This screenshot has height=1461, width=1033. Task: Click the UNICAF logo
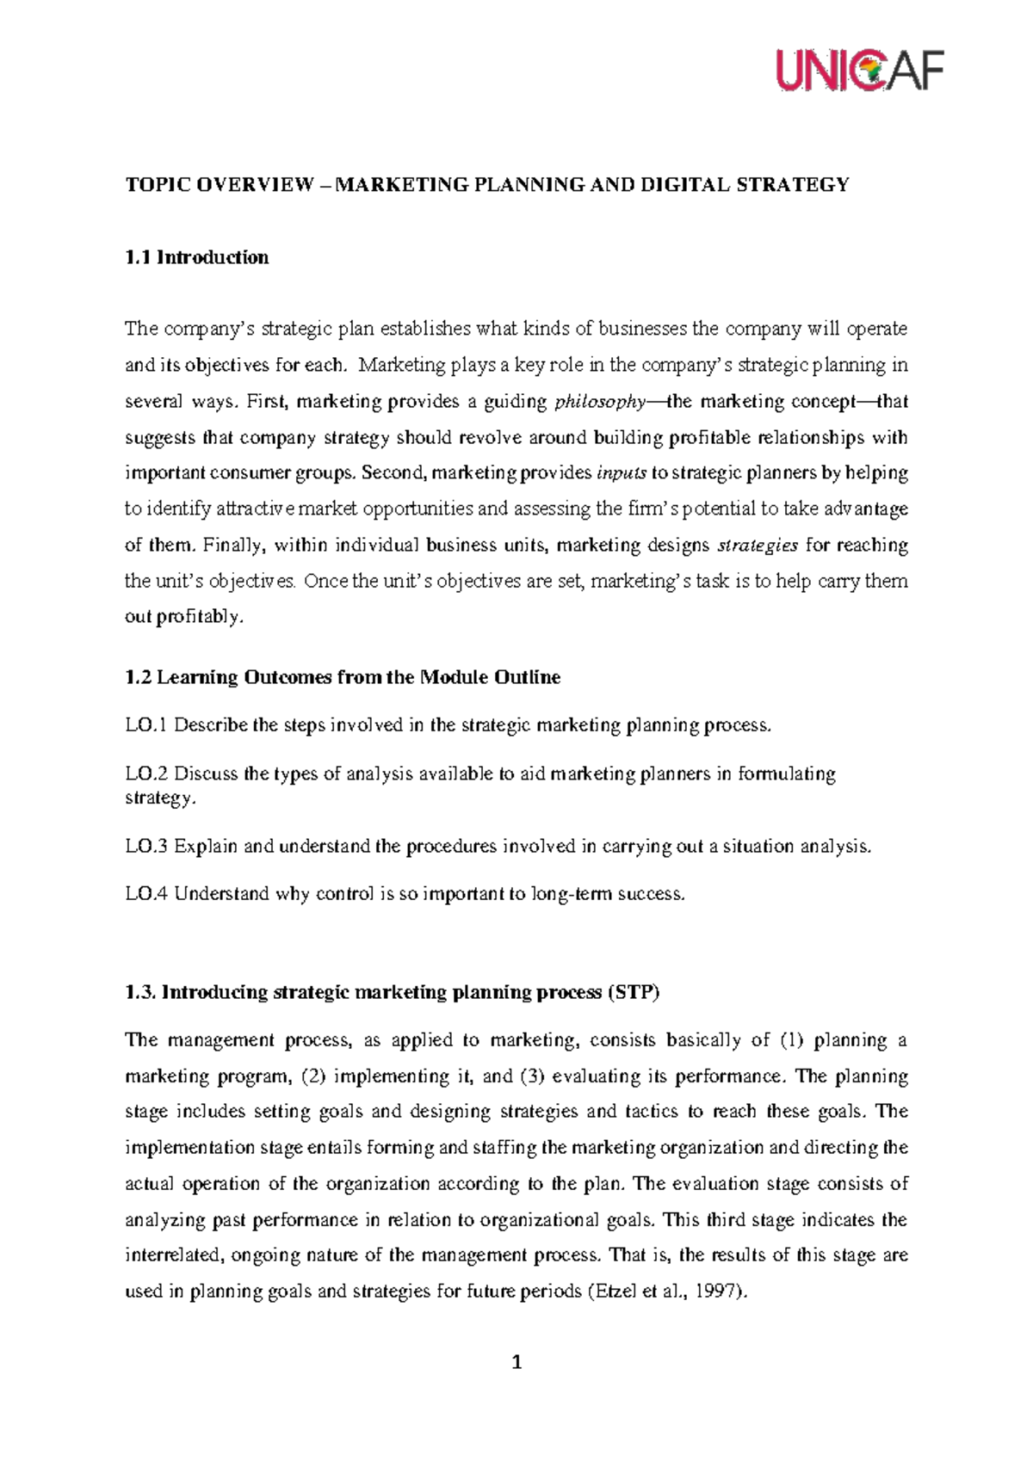point(860,70)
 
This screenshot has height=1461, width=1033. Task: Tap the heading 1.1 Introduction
point(196,257)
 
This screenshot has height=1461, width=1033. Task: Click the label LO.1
point(145,725)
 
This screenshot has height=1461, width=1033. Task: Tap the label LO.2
point(145,774)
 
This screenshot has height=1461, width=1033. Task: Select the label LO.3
point(145,847)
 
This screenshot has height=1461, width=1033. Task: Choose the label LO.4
point(145,895)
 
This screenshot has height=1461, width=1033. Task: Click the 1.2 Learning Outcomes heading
point(343,678)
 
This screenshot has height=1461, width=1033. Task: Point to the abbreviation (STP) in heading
point(633,993)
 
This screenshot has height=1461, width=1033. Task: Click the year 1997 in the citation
point(719,1292)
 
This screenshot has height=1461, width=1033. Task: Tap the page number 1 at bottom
point(516,1363)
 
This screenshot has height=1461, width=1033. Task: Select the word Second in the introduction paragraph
point(393,473)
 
